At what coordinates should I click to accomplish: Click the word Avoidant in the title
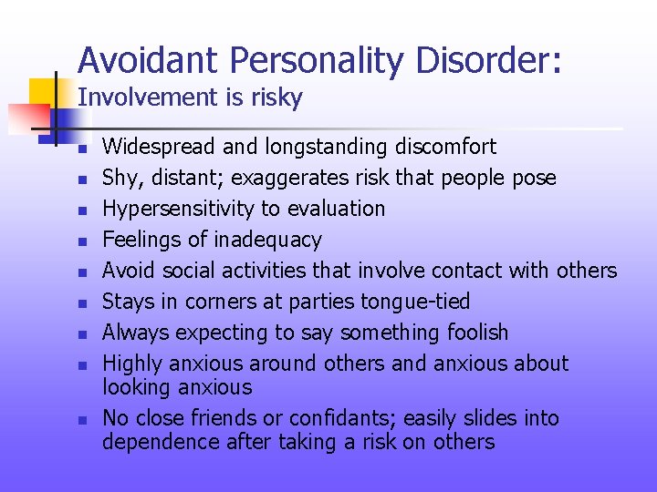(149, 61)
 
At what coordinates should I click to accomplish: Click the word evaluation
(336, 209)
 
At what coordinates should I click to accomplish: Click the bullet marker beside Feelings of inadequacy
(80, 241)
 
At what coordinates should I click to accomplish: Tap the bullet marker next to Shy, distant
(80, 179)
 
